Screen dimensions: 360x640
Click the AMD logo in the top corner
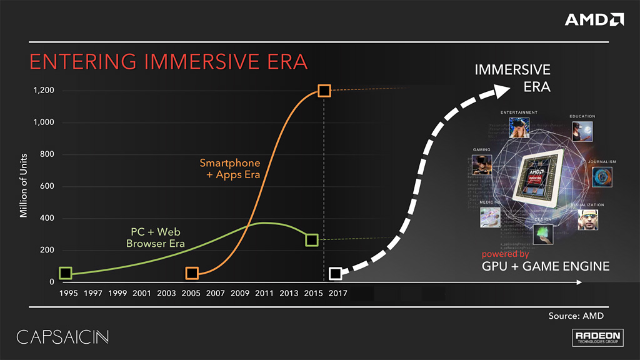coord(594,19)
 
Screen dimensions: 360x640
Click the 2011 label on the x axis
coord(264,293)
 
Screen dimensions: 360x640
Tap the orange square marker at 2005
coord(192,273)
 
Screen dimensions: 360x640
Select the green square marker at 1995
coord(66,273)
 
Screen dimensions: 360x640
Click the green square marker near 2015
coord(311,240)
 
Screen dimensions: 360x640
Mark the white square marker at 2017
coord(336,273)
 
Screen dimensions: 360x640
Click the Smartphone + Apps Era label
coord(229,169)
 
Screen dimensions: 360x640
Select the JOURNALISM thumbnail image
coord(602,176)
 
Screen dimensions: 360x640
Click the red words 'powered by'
coord(505,254)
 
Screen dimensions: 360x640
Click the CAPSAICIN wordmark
coord(62,337)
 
